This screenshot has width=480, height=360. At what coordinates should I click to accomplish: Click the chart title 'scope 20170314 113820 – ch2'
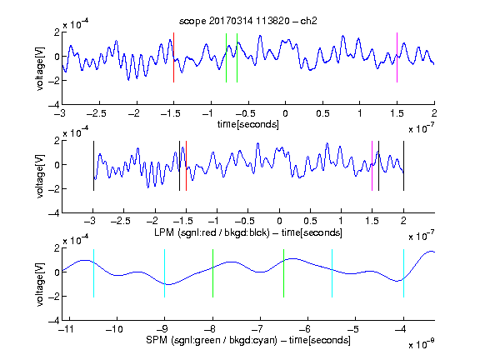pyautogui.click(x=247, y=21)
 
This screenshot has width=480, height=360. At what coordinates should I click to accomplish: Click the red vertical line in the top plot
pyautogui.click(x=173, y=57)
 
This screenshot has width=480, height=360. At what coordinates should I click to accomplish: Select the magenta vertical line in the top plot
pyautogui.click(x=397, y=57)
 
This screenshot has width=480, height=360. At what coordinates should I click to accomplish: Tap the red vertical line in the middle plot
pyautogui.click(x=186, y=166)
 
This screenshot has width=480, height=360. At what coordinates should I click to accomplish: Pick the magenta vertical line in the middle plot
pyautogui.click(x=372, y=166)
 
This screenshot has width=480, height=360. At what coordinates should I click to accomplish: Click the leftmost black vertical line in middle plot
pyautogui.click(x=93, y=166)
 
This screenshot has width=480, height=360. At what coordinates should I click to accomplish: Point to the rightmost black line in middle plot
pyautogui.click(x=403, y=166)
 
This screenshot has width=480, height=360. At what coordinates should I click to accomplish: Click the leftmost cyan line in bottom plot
pyautogui.click(x=93, y=273)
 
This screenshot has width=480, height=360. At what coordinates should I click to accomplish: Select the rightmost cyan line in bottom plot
pyautogui.click(x=403, y=273)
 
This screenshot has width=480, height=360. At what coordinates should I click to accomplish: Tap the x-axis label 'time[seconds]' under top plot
pyautogui.click(x=248, y=124)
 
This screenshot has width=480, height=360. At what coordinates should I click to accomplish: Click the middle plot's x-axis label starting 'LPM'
pyautogui.click(x=248, y=232)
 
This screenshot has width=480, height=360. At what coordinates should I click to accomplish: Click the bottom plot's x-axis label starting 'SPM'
pyautogui.click(x=248, y=340)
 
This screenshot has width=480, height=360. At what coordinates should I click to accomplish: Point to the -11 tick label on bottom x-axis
pyautogui.click(x=67, y=329)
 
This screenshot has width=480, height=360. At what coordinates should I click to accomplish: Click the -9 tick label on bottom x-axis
pyautogui.click(x=162, y=329)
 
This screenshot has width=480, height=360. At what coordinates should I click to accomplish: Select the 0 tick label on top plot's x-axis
pyautogui.click(x=285, y=113)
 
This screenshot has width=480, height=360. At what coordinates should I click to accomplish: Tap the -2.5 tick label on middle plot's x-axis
pyautogui.click(x=121, y=221)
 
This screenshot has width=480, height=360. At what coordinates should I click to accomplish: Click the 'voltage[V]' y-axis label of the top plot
pyautogui.click(x=40, y=68)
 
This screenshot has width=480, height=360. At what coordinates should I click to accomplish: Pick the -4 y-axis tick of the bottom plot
pyautogui.click(x=54, y=321)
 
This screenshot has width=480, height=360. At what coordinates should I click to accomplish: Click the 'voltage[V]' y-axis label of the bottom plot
pyautogui.click(x=40, y=284)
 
